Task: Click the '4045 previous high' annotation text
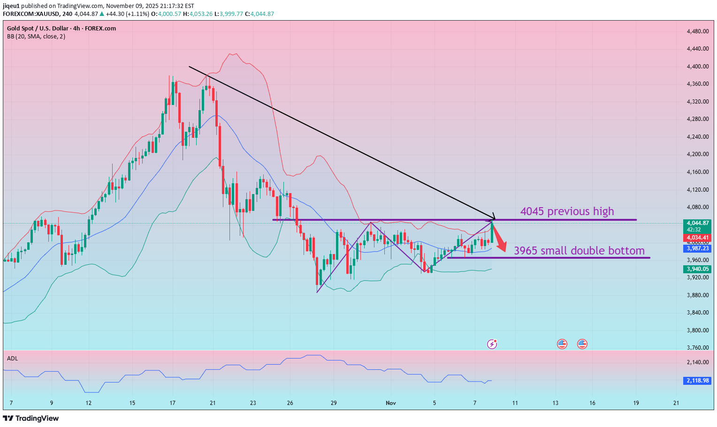pyautogui.click(x=567, y=211)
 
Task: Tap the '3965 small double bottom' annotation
pyautogui.click(x=579, y=251)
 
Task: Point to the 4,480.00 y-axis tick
pyautogui.click(x=697, y=31)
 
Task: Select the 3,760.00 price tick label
pyautogui.click(x=697, y=348)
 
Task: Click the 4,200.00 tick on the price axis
pyautogui.click(x=697, y=154)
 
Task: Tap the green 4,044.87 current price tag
pyautogui.click(x=697, y=223)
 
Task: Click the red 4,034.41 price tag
pyautogui.click(x=697, y=238)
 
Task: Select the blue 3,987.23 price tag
pyautogui.click(x=697, y=248)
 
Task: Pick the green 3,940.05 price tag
pyautogui.click(x=697, y=269)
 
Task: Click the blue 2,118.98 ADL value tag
pyautogui.click(x=697, y=381)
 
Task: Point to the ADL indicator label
pyautogui.click(x=13, y=359)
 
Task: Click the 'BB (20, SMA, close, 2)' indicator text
pyautogui.click(x=36, y=37)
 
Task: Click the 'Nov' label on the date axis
pyautogui.click(x=390, y=403)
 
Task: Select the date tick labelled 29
pyautogui.click(x=334, y=403)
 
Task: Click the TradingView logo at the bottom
pyautogui.click(x=31, y=418)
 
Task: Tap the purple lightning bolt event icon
pyautogui.click(x=492, y=345)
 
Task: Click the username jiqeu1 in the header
pyautogui.click(x=11, y=6)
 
